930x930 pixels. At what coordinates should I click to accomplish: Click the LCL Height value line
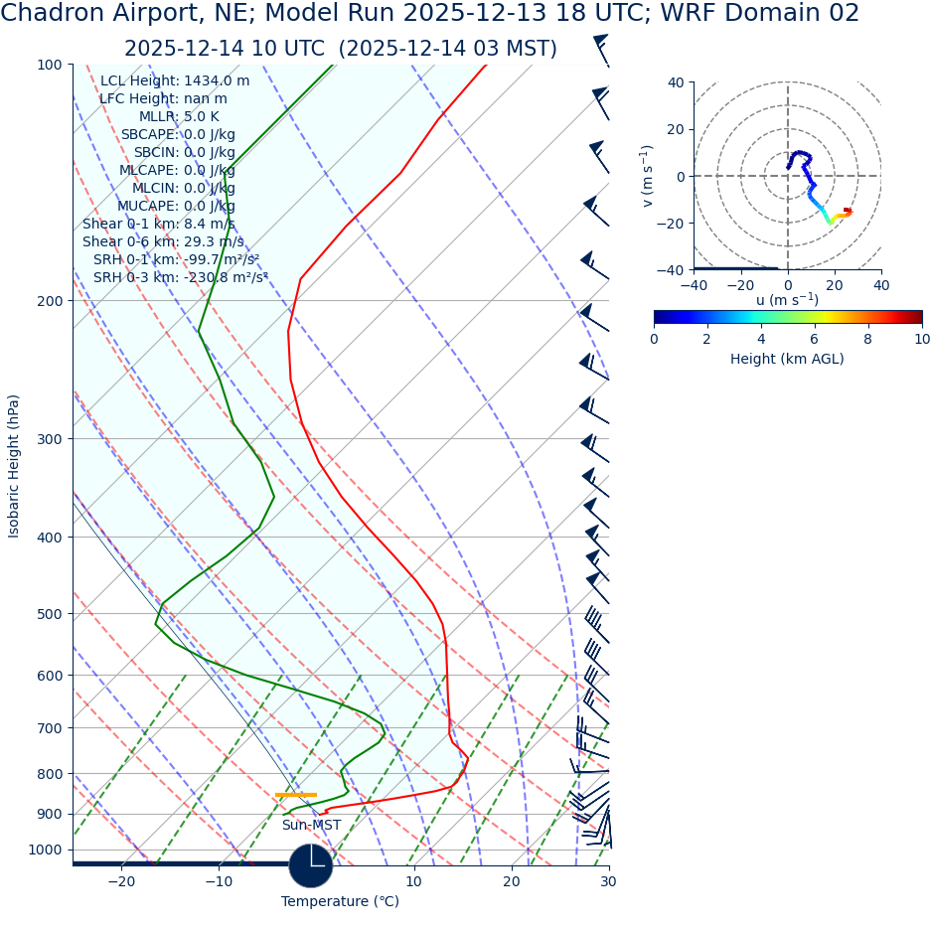coord(175,81)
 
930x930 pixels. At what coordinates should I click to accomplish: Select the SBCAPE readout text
coord(178,135)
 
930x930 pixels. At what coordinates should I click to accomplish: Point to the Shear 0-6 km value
coord(163,242)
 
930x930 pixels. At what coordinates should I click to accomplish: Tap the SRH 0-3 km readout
coord(180,278)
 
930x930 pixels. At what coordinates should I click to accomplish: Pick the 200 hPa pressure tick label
coord(50,301)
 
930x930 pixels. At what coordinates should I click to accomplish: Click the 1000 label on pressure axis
coord(46,851)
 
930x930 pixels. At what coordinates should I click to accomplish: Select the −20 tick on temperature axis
coord(121,881)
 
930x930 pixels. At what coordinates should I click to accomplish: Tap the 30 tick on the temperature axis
coord(608,881)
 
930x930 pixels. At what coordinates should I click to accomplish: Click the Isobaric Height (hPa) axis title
coord(14,466)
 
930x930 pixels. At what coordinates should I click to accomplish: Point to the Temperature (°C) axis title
coord(340,902)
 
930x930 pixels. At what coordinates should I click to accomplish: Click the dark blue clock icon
coord(311,865)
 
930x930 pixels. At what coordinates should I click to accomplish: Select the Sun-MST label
coord(311,826)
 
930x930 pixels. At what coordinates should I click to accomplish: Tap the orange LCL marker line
coord(296,795)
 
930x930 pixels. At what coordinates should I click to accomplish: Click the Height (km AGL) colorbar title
coord(787,359)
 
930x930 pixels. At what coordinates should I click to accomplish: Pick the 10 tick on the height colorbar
coord(922,339)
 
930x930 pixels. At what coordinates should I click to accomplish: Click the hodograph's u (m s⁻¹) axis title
coord(787,299)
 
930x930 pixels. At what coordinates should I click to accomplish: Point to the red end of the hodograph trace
coord(848,211)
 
